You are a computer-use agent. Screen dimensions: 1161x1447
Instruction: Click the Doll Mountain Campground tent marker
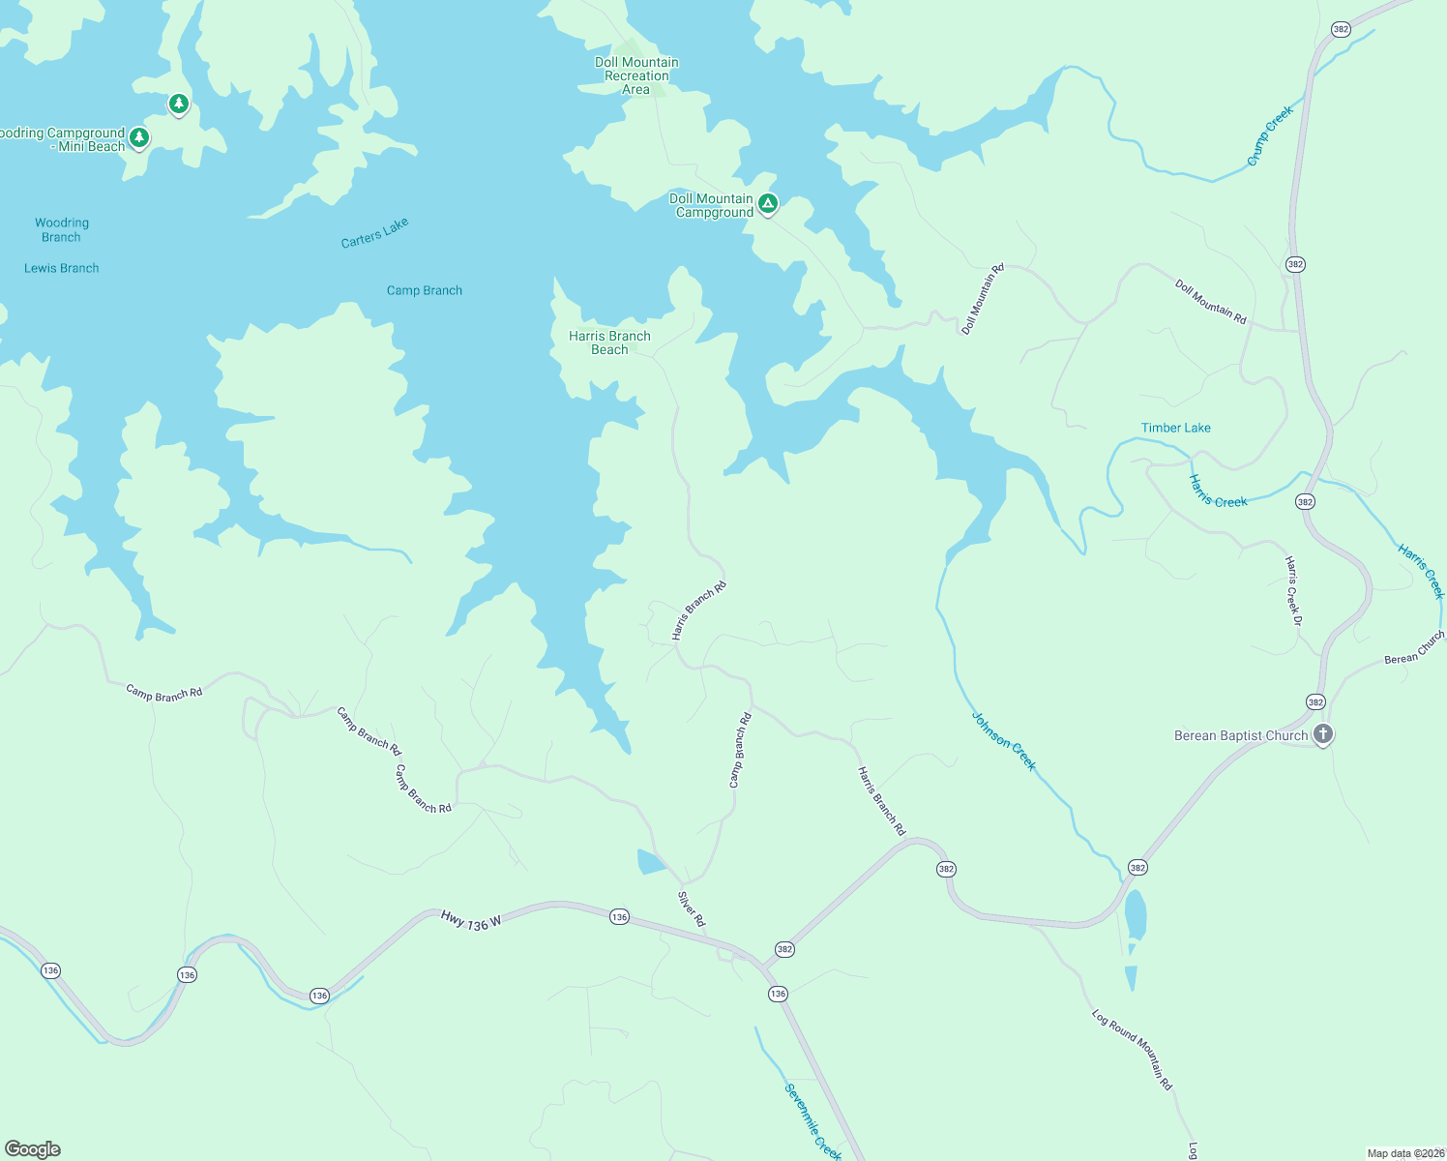pos(767,203)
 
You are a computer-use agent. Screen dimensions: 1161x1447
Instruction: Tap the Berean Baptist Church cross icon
pos(1323,733)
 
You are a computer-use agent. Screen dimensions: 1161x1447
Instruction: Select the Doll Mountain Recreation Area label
pos(636,75)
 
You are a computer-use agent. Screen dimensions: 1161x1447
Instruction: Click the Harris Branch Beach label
pos(609,342)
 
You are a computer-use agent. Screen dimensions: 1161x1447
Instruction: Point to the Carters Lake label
pos(375,233)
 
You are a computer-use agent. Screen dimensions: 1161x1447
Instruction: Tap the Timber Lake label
pos(1175,428)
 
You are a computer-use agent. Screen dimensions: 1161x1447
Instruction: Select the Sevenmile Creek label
pos(812,1120)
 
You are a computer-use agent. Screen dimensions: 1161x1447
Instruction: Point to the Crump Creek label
pos(1270,136)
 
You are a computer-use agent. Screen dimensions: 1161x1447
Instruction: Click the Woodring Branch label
pos(61,230)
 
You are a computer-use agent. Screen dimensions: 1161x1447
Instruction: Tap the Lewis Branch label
pos(61,268)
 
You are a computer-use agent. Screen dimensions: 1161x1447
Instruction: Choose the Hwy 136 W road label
pos(471,921)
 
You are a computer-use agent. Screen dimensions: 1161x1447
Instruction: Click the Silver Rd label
pos(692,909)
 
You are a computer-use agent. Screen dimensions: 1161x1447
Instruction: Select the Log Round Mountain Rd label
pos(1132,1050)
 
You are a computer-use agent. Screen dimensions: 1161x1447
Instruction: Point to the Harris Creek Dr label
pos(1293,590)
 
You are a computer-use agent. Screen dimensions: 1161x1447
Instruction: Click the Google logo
pos(32,1149)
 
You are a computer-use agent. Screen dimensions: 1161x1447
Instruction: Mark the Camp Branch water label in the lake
pos(425,290)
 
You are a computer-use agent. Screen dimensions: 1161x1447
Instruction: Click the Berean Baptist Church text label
pos(1241,735)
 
